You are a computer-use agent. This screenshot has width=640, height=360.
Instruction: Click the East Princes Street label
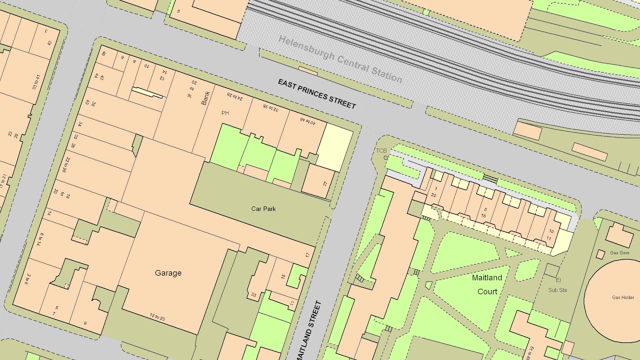pos(317,93)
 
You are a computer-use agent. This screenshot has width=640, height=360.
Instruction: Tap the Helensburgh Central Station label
pos(340,59)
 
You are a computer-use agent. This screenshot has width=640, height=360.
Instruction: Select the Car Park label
pos(263,208)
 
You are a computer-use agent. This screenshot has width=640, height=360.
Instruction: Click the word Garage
pos(168,273)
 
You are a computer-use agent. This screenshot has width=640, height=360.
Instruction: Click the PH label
pos(225,113)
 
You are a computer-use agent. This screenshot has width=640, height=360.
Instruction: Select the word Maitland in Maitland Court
pos(487,277)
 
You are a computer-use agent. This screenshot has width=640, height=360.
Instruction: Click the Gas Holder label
pos(622,297)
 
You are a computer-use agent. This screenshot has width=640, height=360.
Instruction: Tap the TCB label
pos(381,150)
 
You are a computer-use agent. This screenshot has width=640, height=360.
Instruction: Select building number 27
pos(325,183)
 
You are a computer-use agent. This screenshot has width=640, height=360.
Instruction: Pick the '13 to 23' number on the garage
pos(158,316)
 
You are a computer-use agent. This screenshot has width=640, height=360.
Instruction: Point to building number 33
pos(254,295)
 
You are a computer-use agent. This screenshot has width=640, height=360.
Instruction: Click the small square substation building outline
pos(552,270)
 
